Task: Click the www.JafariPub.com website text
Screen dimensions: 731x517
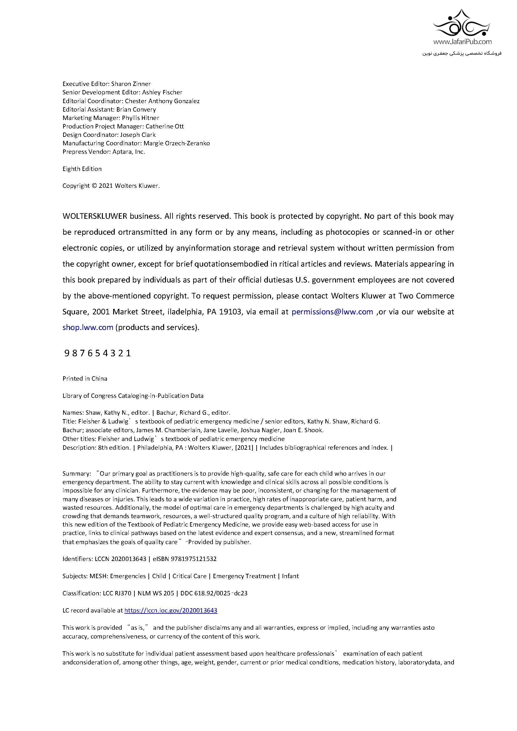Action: point(462,41)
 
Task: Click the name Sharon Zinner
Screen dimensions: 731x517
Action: point(131,84)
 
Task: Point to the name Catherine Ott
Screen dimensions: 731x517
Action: point(165,126)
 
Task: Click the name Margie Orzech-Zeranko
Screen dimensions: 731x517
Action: point(176,143)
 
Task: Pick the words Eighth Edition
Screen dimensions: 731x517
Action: point(82,169)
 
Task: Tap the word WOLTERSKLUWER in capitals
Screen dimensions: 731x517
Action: point(94,217)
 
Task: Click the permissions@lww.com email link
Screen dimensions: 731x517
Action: point(332,312)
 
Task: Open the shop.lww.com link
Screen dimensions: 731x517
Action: point(88,328)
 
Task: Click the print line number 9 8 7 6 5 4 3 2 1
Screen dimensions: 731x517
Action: point(98,353)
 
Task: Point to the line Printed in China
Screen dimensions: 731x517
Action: point(85,378)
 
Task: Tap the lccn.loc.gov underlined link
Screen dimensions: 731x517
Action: point(171,610)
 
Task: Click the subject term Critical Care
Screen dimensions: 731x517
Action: point(189,576)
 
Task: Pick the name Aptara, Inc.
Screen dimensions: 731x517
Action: point(128,152)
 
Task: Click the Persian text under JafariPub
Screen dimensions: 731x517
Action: point(462,53)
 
